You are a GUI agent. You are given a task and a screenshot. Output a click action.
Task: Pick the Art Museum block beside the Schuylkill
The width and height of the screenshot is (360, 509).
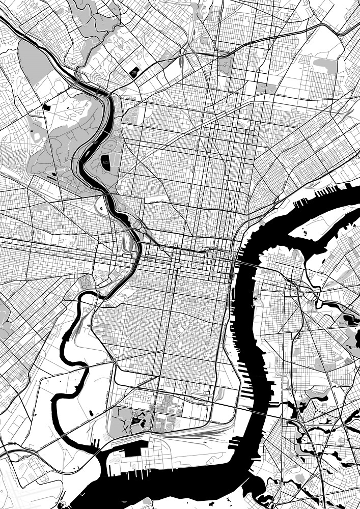pyautogui.click(x=138, y=224)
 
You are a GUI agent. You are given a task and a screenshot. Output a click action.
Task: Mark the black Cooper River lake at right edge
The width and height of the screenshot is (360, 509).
pyautogui.click(x=351, y=321)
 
